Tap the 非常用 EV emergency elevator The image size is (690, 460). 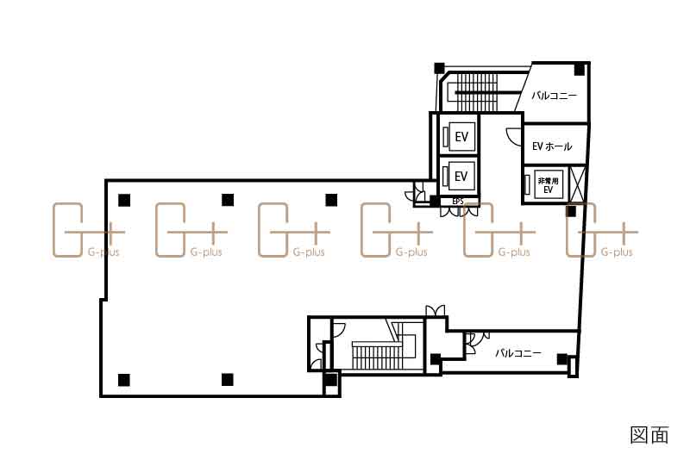click(545, 184)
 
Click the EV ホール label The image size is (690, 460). click(552, 146)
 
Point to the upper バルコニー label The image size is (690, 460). click(554, 96)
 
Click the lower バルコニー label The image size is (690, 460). click(518, 353)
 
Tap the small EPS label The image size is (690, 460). click(458, 202)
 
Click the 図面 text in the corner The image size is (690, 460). click(649, 434)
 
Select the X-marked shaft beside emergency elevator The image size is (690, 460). click(577, 184)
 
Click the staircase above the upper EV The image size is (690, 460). click(477, 92)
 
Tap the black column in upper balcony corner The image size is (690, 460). click(579, 70)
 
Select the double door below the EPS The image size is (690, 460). click(460, 211)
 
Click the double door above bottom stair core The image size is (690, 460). click(436, 310)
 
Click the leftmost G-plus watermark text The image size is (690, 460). click(103, 252)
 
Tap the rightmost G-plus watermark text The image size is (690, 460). click(617, 252)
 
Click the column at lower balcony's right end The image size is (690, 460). click(562, 359)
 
